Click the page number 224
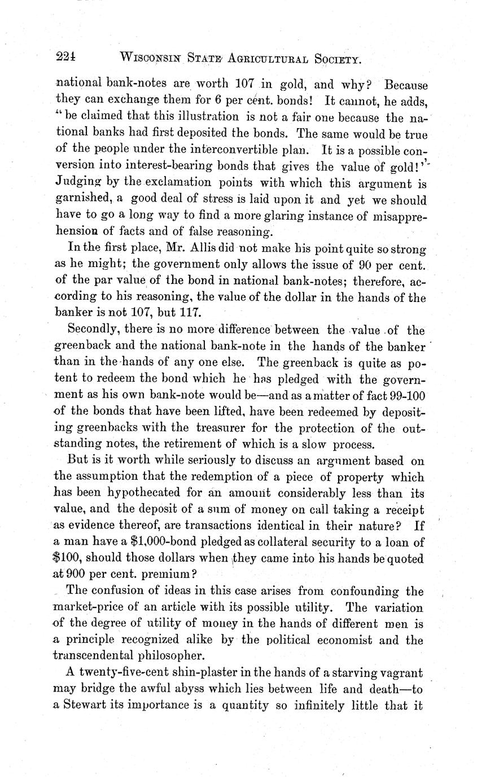(67, 56)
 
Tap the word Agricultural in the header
(265, 58)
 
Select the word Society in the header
(333, 58)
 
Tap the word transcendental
(100, 655)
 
